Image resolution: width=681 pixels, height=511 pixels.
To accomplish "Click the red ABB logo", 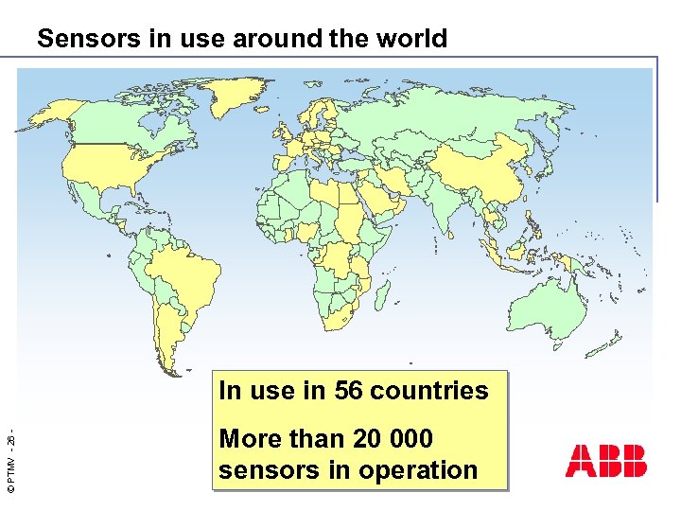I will (x=606, y=461).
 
